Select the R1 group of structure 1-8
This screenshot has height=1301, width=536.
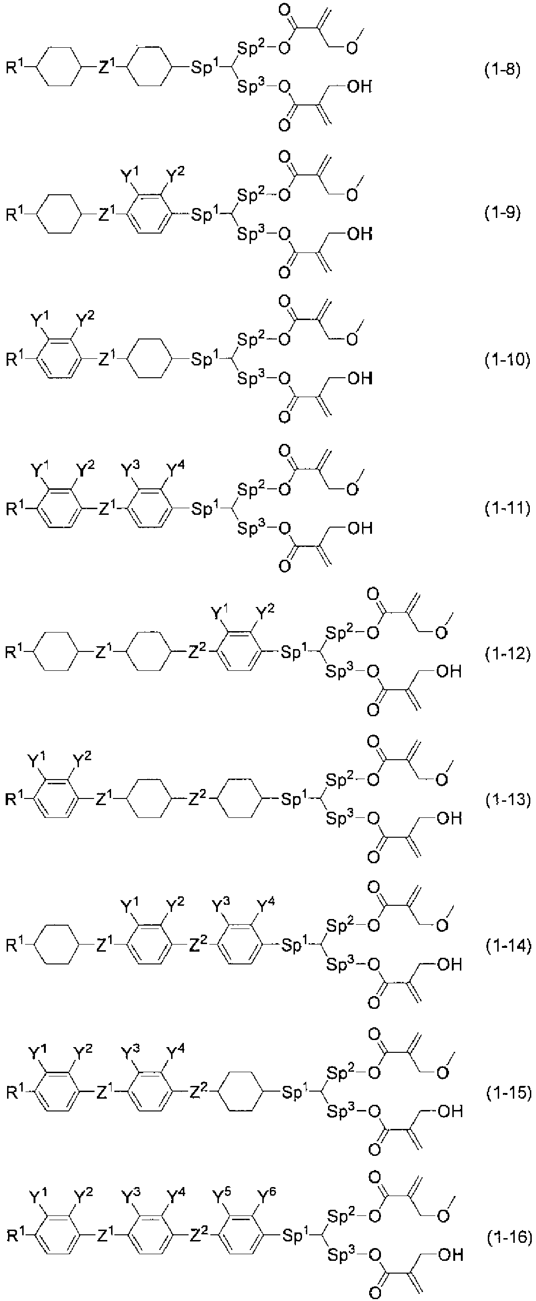15,67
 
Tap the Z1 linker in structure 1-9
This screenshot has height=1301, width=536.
107,215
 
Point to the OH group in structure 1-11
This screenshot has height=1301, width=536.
360,528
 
